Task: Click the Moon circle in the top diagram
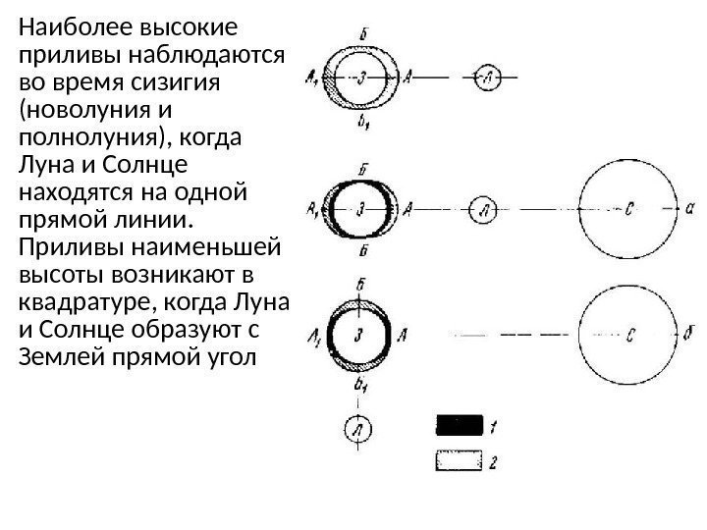[x=488, y=76]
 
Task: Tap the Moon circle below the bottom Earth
[x=359, y=429]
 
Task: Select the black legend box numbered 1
[x=459, y=425]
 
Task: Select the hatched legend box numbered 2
[x=459, y=458]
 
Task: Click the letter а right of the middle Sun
[x=691, y=208]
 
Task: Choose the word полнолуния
[x=86, y=133]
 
